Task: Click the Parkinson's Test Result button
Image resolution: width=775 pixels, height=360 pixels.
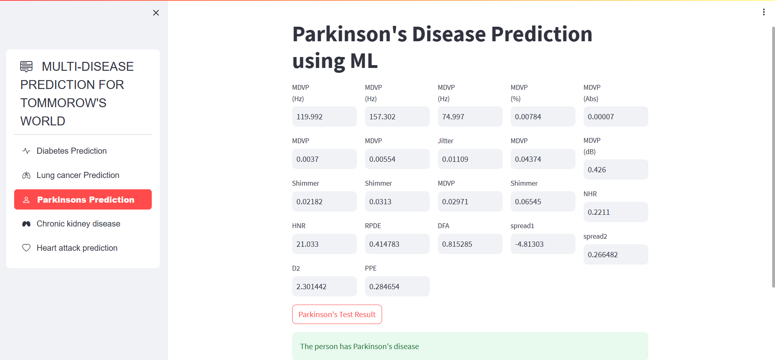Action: [x=337, y=314]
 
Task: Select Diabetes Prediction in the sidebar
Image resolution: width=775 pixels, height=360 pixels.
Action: [x=72, y=151]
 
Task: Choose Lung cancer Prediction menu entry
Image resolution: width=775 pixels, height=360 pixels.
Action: [x=78, y=175]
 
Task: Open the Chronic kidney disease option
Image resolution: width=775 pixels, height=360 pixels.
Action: [x=78, y=224]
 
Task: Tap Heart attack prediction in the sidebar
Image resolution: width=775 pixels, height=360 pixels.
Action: [x=77, y=248]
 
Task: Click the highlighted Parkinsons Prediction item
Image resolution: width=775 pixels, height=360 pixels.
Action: [x=83, y=199]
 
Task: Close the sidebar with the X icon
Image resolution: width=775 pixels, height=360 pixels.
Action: [x=156, y=13]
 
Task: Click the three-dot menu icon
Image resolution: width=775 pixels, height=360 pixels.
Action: [x=764, y=12]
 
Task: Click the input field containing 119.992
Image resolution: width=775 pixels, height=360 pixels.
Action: [x=324, y=116]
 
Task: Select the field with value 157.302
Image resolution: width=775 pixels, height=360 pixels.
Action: [x=397, y=116]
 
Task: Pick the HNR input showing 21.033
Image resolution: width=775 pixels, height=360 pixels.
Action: [x=324, y=244]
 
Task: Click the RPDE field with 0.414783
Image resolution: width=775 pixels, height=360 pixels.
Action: [x=397, y=244]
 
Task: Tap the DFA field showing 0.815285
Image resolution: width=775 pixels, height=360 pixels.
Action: [x=470, y=244]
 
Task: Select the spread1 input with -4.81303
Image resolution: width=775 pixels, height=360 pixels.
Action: [x=543, y=244]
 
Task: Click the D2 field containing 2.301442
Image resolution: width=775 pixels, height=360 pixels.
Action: [x=324, y=286]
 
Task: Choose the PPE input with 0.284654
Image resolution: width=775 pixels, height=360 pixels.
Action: [x=397, y=286]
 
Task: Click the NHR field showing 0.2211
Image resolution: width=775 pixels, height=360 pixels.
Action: [x=616, y=212]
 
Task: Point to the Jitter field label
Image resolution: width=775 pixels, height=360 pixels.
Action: [x=446, y=141]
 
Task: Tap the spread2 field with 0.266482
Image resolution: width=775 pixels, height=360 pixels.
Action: [x=616, y=254]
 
